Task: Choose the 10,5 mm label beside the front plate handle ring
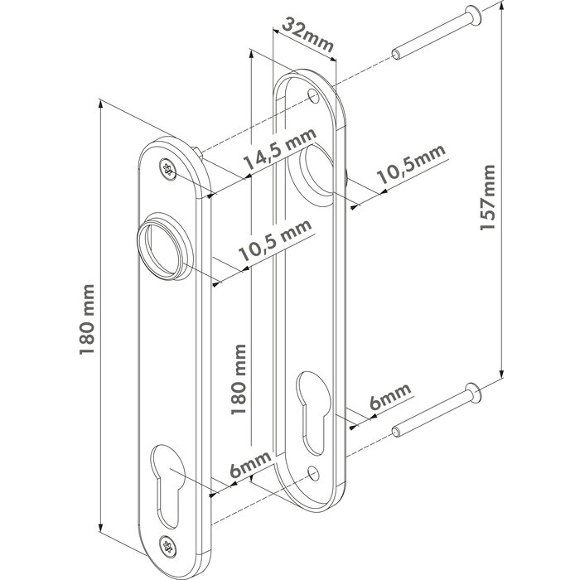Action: [277, 244]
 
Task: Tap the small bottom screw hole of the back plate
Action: [312, 474]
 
